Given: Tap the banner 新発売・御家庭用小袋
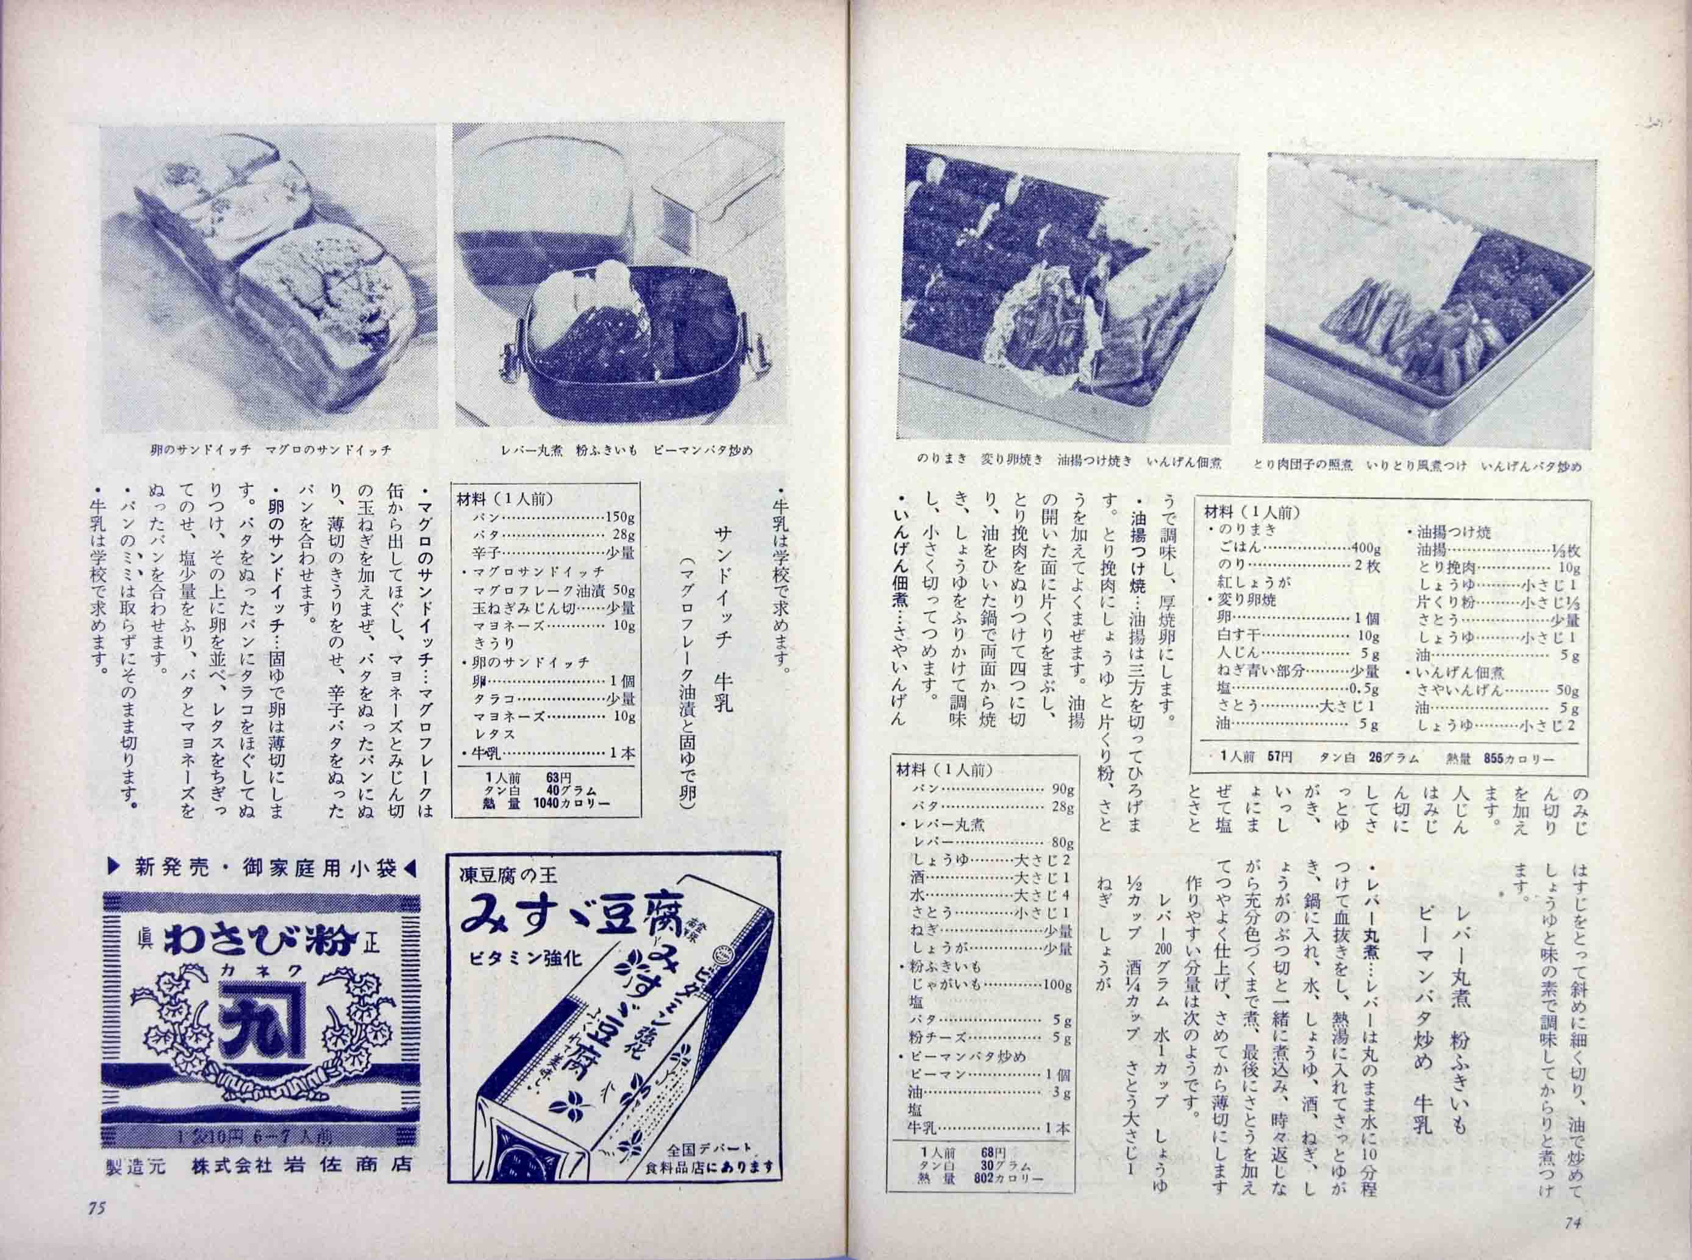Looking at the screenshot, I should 262,867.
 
